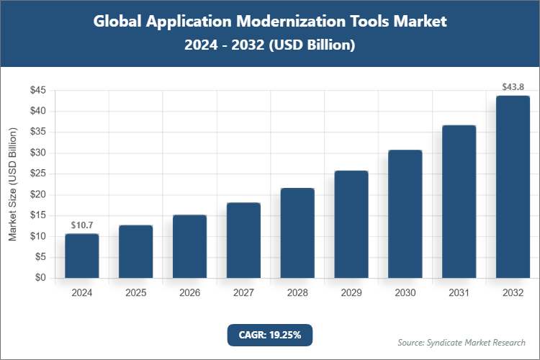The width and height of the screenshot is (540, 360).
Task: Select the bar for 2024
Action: click(x=81, y=256)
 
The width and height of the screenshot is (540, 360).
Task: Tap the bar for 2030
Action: click(x=405, y=214)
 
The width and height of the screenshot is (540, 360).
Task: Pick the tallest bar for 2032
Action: click(x=513, y=186)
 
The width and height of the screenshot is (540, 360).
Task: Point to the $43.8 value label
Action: click(x=513, y=87)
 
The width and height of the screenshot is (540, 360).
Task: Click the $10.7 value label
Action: click(x=81, y=225)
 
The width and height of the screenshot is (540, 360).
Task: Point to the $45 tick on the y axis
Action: click(x=38, y=91)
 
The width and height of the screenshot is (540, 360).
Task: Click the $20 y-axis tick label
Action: click(x=38, y=194)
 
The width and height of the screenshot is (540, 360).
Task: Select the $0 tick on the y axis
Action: click(x=41, y=278)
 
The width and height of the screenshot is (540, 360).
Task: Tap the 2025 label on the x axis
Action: click(x=135, y=293)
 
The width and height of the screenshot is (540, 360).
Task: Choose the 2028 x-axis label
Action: click(x=297, y=293)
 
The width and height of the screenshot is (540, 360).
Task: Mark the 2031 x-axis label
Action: click(x=459, y=293)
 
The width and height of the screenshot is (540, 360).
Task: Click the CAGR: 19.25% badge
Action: click(x=270, y=334)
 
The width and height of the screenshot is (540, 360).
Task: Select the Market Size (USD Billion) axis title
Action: click(x=12, y=184)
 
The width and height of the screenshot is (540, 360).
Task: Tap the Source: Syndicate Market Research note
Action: click(x=462, y=342)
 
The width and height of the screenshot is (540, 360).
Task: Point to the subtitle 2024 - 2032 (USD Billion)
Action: click(x=270, y=45)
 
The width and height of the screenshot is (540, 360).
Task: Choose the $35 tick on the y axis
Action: click(x=38, y=132)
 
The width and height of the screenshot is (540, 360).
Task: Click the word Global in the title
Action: click(x=118, y=22)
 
